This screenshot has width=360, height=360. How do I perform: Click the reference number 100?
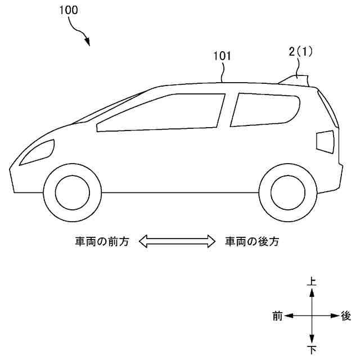click(x=68, y=10)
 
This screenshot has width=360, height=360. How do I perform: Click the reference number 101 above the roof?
click(x=222, y=56)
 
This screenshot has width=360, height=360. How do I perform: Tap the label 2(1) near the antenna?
click(x=300, y=52)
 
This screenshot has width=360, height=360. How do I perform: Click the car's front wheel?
click(x=71, y=192)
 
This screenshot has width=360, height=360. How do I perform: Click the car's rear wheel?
click(x=287, y=192)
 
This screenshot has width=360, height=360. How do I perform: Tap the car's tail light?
click(x=326, y=141)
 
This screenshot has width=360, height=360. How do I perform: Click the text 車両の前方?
click(x=102, y=242)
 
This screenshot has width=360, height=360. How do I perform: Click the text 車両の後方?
click(x=252, y=242)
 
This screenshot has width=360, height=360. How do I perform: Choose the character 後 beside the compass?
click(x=346, y=316)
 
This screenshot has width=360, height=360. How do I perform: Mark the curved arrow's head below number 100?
click(x=87, y=42)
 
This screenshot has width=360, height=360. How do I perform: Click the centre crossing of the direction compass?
click(x=312, y=316)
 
